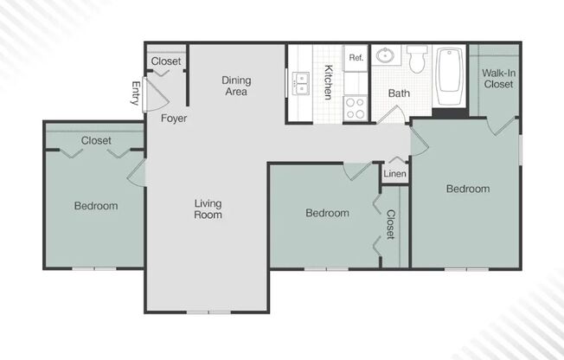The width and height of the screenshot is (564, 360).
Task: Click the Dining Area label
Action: (235, 86)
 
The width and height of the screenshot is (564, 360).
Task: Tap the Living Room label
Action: (208, 209)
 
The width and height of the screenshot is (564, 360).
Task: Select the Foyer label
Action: (174, 118)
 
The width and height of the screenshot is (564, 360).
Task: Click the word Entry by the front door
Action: (136, 93)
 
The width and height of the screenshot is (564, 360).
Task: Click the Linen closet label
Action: (394, 174)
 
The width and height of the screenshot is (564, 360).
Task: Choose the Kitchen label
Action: (328, 81)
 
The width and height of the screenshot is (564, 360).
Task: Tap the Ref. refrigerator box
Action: (356, 57)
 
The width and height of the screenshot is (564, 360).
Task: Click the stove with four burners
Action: (356, 107)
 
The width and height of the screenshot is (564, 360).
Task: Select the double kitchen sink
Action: (301, 83)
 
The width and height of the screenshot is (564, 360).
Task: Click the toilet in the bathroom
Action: (418, 59)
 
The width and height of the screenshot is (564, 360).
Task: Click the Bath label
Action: (399, 93)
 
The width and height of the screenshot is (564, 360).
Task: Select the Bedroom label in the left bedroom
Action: (95, 206)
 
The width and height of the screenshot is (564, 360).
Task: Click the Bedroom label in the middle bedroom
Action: (328, 213)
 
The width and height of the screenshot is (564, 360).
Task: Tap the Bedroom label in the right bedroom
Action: (468, 189)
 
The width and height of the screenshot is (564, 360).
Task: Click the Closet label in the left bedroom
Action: (95, 140)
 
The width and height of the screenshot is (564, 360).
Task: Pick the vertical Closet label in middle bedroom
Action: (390, 224)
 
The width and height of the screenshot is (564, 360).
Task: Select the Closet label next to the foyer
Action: (166, 61)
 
